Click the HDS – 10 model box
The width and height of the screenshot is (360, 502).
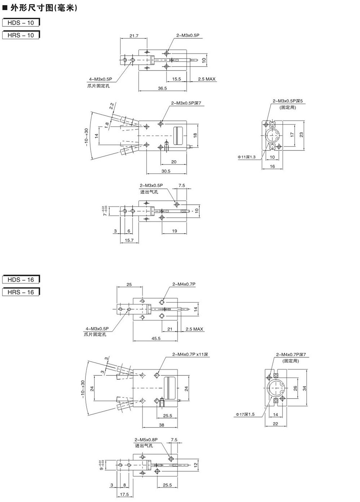[21, 22]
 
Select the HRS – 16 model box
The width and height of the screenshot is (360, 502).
[21, 292]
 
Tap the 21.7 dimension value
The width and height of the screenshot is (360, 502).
[134, 35]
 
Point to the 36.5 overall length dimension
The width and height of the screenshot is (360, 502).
[162, 88]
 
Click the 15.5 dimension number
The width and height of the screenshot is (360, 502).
[176, 79]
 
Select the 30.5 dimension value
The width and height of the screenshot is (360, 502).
[166, 171]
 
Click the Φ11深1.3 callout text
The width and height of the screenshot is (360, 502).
[246, 157]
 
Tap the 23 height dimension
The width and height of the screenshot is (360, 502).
[301, 134]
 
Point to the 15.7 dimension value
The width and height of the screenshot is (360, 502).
[129, 240]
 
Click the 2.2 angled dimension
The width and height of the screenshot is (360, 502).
[112, 106]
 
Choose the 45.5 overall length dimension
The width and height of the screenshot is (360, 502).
[156, 339]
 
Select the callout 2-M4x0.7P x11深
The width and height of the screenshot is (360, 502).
[190, 354]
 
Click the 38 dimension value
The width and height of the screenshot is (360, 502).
[162, 425]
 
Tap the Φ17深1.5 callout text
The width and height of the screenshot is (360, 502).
[246, 414]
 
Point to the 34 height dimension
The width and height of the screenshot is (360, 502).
[305, 388]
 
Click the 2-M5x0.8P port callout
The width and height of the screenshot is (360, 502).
[146, 440]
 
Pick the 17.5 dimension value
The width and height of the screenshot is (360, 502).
[124, 494]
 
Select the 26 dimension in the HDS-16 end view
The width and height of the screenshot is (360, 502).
[295, 388]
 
